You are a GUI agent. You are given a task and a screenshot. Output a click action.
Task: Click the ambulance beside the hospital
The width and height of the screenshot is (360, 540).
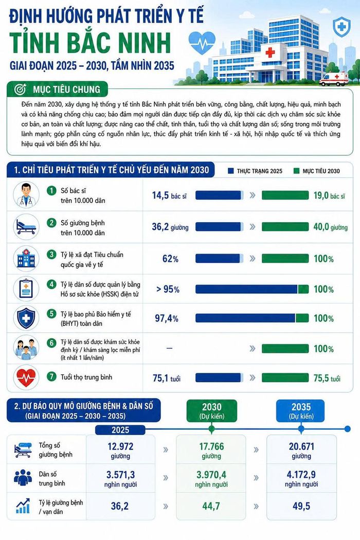coord(334,79)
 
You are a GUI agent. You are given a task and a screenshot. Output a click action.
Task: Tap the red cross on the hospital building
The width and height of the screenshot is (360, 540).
coord(270,52)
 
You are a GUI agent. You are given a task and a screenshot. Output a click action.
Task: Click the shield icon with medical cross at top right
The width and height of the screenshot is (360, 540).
coord(341,27)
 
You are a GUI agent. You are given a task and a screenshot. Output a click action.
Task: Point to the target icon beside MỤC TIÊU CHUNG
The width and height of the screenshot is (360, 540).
coord(21,89)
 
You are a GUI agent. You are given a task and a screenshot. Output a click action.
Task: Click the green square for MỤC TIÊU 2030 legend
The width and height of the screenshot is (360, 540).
coord(296,171)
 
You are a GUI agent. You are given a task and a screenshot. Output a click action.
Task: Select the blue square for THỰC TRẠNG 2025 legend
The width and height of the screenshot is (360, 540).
coord(231,171)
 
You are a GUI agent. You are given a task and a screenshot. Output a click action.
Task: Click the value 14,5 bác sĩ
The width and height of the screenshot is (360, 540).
coord(170,195)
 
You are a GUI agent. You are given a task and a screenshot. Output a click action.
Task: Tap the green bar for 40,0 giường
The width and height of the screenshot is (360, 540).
coord(285,227)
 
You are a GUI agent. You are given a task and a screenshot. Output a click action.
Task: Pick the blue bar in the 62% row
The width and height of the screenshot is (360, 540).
coord(219,258)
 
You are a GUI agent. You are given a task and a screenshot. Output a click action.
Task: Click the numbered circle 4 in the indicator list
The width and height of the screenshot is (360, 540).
coord(51,284)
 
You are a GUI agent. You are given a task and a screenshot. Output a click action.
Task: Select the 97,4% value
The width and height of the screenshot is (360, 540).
coord(167,318)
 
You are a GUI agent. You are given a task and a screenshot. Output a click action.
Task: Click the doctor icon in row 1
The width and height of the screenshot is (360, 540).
coord(26,194)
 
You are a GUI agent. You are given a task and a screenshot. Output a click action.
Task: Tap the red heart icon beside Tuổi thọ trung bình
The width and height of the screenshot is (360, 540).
coord(26,377)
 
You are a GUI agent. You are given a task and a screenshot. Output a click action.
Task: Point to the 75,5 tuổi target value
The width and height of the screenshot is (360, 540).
coord(327,379)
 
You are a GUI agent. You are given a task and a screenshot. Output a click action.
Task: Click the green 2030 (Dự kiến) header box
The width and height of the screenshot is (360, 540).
coord(211,410)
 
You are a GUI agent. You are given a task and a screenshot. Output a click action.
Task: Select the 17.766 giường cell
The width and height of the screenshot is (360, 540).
coord(211,451)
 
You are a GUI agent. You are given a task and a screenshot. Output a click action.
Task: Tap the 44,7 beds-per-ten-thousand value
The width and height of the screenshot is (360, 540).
coord(211,506)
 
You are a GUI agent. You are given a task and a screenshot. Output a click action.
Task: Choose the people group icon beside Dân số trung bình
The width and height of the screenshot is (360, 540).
coord(23,478)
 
